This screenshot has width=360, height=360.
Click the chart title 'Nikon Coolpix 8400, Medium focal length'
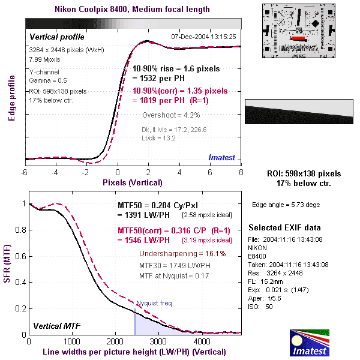[x=133, y=9]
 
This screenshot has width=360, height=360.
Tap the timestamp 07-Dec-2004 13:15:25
[x=204, y=37]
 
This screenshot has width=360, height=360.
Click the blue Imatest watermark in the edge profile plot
[x=223, y=157]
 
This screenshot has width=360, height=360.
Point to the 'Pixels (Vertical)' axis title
[x=133, y=182]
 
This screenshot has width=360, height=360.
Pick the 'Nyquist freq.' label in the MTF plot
[x=154, y=303]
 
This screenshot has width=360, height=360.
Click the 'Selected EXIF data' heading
[x=284, y=228]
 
